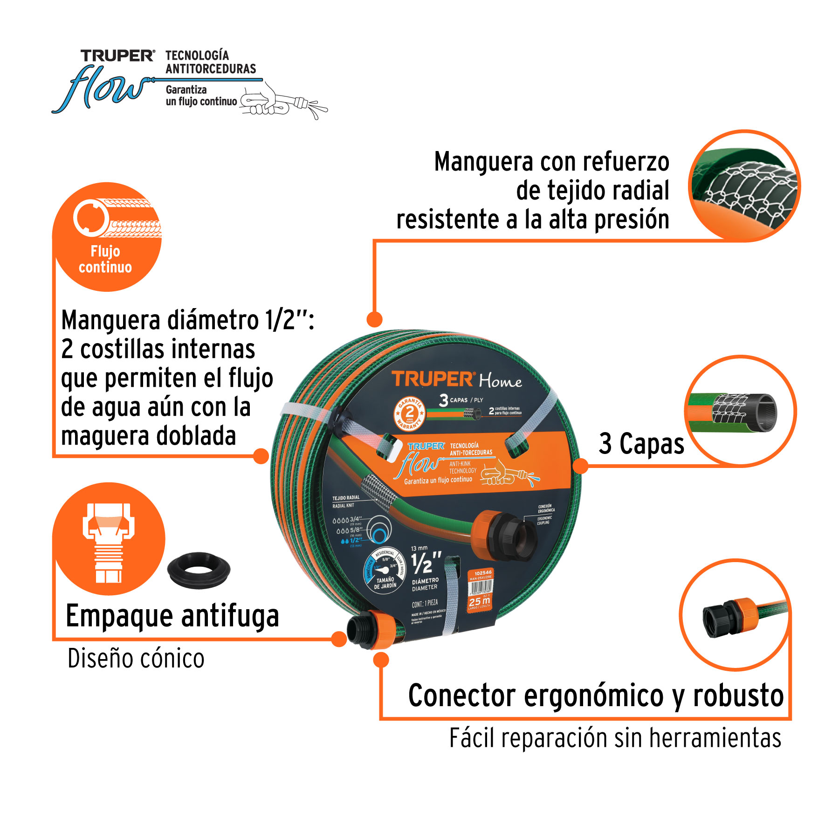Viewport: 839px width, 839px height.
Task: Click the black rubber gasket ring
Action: (199, 570)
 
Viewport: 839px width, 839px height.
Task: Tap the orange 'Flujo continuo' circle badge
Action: (107, 237)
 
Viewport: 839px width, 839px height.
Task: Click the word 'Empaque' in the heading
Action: (119, 617)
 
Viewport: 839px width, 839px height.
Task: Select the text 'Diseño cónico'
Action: (136, 659)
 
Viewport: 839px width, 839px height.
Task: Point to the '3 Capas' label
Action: (641, 444)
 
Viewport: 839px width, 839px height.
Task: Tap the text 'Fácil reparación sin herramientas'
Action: (615, 738)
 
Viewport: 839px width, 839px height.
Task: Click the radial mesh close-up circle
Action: (744, 186)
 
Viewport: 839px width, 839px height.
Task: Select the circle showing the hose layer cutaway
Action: (740, 411)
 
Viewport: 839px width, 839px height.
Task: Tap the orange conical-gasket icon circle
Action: (109, 539)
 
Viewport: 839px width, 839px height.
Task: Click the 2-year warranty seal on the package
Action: (409, 413)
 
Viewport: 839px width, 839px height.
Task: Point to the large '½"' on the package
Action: (426, 563)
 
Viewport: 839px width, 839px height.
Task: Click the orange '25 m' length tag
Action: (480, 602)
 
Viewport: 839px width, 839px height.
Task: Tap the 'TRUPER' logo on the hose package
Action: (433, 379)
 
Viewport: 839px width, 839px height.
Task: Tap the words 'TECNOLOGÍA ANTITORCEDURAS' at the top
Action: (211, 62)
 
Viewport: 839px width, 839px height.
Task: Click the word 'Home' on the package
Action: (500, 381)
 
